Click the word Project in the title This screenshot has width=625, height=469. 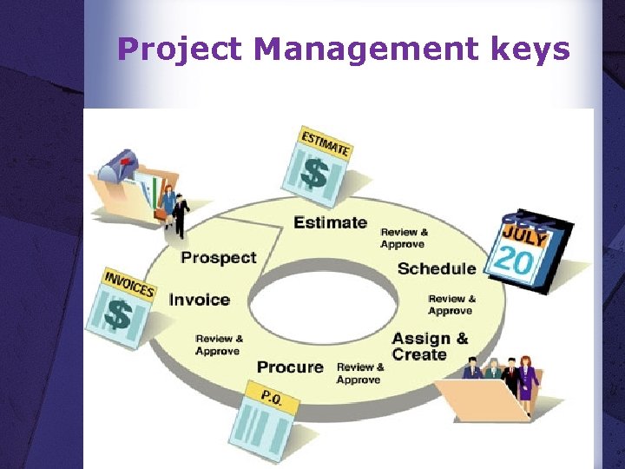[179, 50]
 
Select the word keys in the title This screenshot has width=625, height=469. [529, 50]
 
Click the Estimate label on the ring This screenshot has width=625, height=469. [330, 222]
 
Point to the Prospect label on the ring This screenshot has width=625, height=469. [218, 257]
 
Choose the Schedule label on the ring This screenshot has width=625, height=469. [437, 268]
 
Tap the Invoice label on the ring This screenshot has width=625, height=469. [200, 300]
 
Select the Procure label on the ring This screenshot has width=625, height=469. [290, 367]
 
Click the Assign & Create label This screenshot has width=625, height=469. [430, 346]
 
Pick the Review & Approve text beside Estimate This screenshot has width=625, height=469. [405, 238]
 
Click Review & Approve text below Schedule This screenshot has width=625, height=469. [451, 305]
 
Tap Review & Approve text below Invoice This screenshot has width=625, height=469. [219, 345]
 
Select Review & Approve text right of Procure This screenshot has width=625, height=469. [359, 373]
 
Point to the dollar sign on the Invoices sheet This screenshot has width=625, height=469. [118, 314]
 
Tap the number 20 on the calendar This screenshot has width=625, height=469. [514, 261]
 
